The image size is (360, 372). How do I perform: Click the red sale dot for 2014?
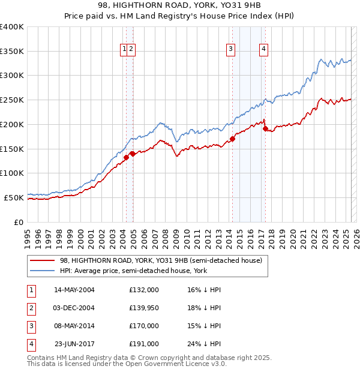232,139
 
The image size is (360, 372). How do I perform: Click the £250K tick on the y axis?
13,100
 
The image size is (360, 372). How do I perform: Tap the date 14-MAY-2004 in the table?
74,290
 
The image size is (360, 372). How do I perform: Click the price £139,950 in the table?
144,308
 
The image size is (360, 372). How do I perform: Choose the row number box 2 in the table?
31,308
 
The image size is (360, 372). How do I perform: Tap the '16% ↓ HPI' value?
204,290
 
